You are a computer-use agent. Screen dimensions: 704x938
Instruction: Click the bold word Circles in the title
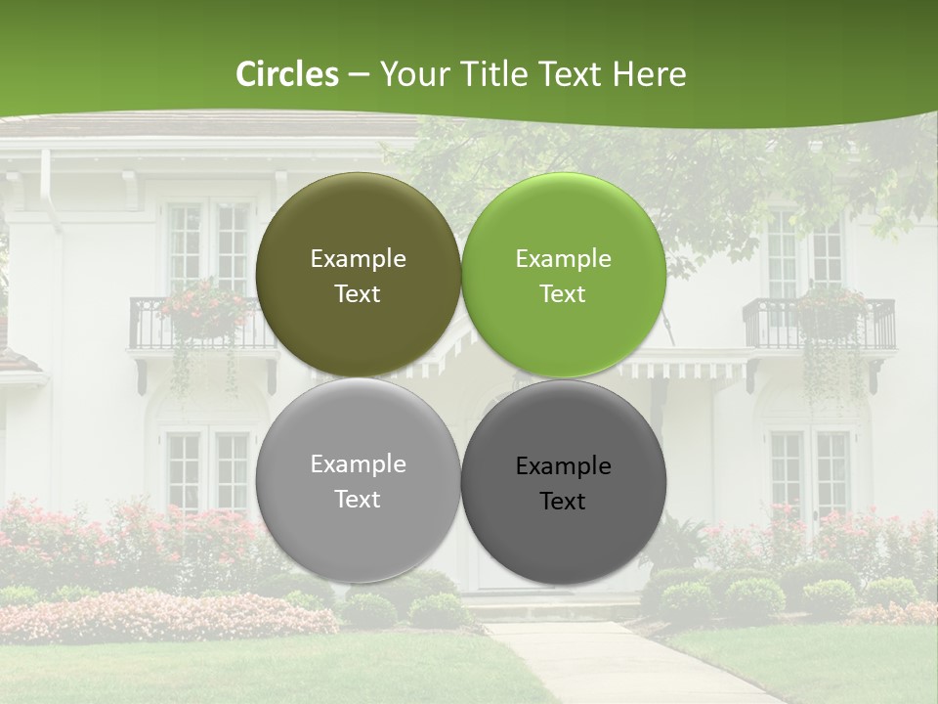[286, 74]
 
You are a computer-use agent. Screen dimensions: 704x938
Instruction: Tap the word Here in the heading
[650, 74]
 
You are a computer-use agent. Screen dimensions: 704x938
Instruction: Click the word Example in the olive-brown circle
[358, 259]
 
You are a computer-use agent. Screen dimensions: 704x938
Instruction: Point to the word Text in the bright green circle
[563, 294]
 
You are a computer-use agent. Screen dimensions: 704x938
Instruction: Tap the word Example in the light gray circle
[358, 464]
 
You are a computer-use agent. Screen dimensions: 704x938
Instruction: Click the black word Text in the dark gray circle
[563, 502]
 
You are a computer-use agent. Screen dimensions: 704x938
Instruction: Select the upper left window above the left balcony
[209, 246]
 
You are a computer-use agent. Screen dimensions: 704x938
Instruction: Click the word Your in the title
[411, 74]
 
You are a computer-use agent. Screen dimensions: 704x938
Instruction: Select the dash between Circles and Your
[358, 74]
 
